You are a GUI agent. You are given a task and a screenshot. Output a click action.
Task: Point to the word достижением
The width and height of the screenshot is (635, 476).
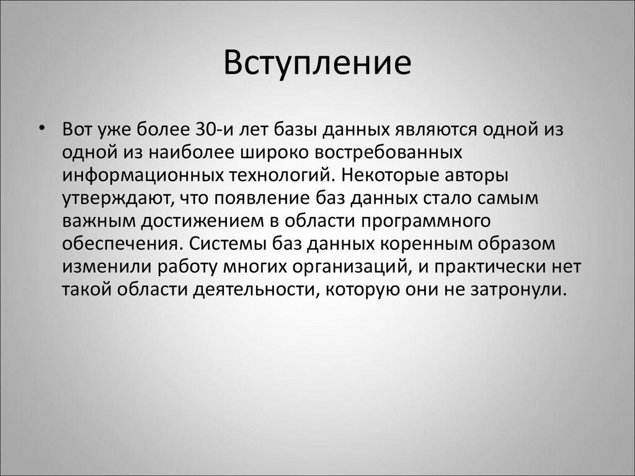click(x=193, y=220)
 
